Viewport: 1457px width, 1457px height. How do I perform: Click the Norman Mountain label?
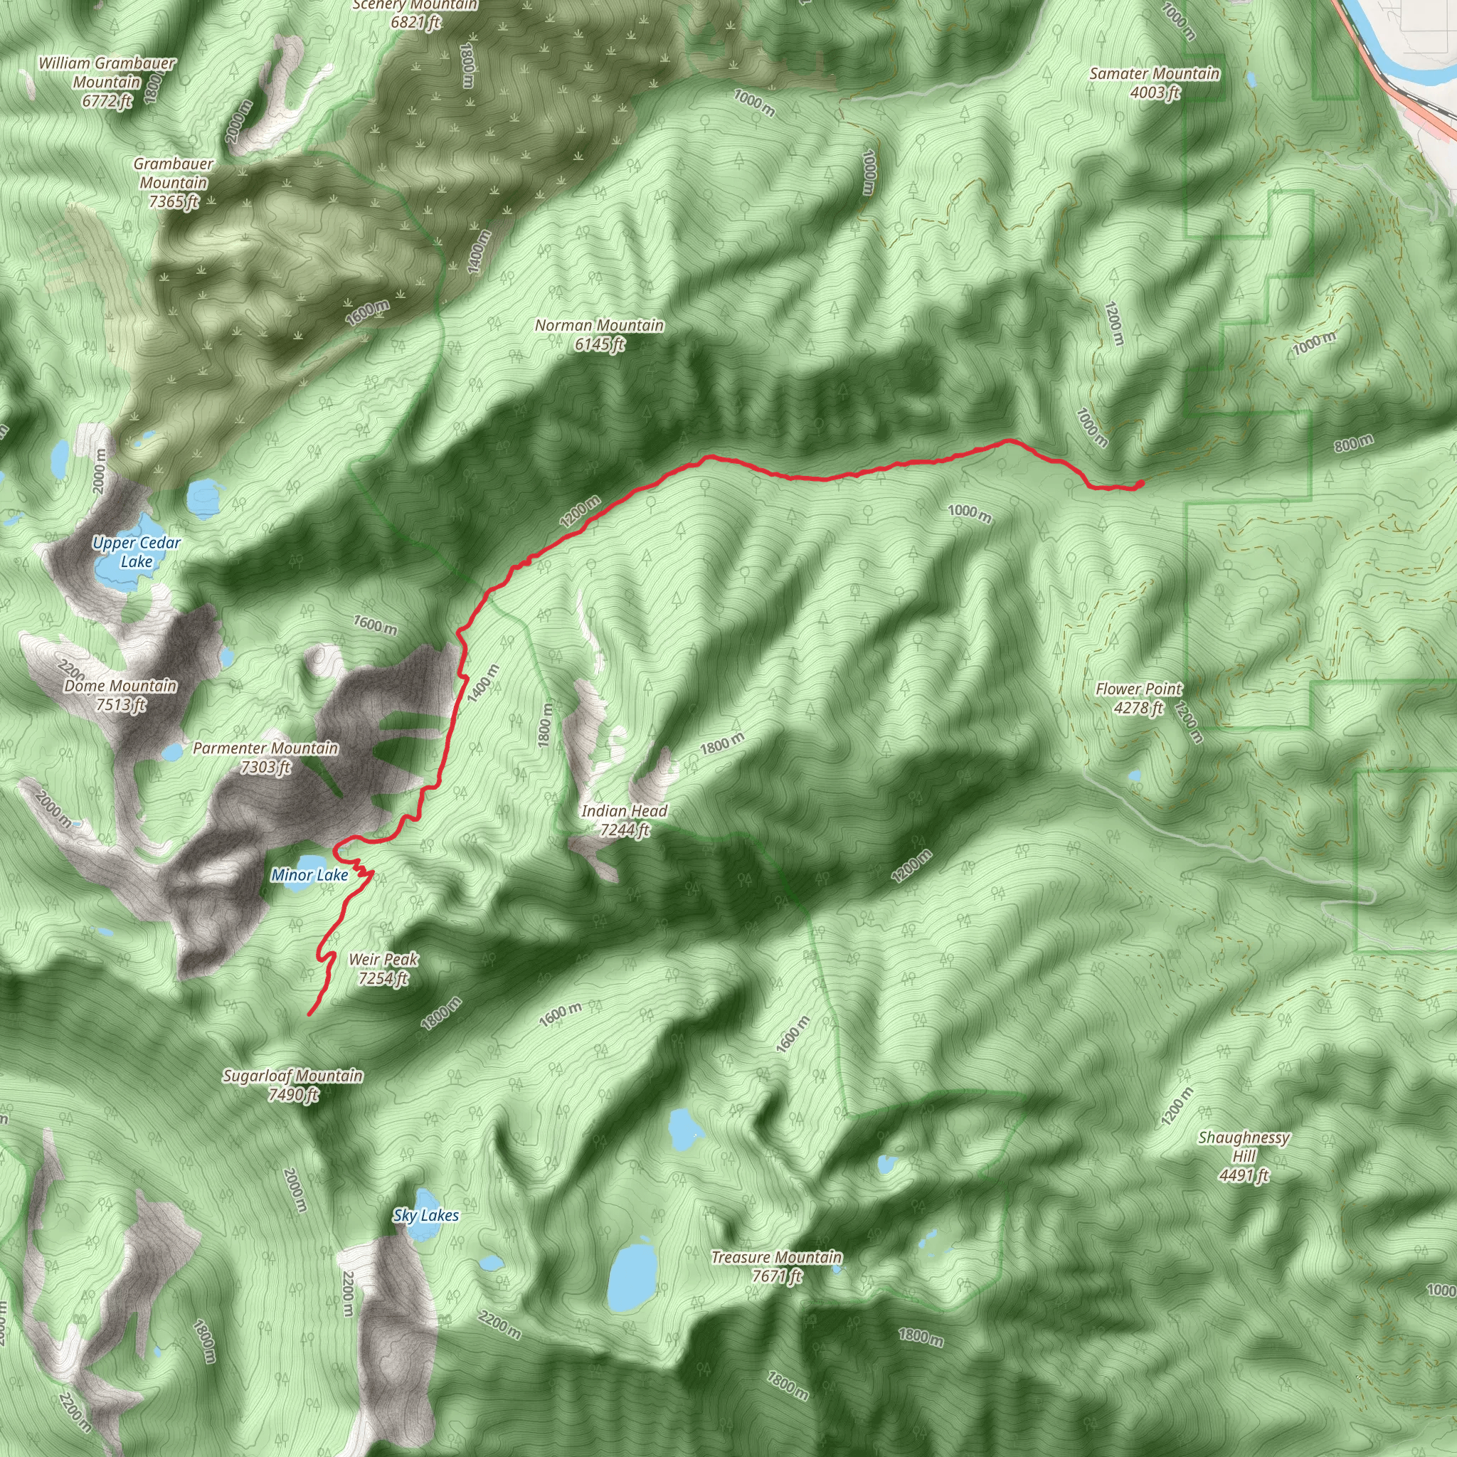(x=600, y=335)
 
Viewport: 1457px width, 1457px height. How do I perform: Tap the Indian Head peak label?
(x=625, y=820)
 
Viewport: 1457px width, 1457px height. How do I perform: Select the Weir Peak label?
(x=383, y=969)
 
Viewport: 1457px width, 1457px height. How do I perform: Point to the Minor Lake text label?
(x=309, y=875)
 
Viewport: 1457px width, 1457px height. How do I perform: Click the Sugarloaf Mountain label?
(x=292, y=1084)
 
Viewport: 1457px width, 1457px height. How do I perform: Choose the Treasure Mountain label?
(x=777, y=1266)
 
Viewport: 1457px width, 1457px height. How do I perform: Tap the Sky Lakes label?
(x=425, y=1215)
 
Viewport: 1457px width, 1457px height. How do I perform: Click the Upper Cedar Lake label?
(x=137, y=552)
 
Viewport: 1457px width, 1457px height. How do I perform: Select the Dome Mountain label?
(x=121, y=695)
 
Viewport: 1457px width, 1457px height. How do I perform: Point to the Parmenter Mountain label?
(x=265, y=757)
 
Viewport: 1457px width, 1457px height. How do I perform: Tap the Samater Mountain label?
(x=1155, y=83)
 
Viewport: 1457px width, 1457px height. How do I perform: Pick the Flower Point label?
(x=1139, y=698)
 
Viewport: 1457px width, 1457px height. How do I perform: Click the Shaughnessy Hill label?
(x=1244, y=1156)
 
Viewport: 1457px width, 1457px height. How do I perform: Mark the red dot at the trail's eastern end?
(x=1140, y=482)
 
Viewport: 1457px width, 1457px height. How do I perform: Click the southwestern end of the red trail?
(x=310, y=1014)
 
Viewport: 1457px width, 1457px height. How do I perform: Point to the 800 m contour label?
(x=1354, y=443)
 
